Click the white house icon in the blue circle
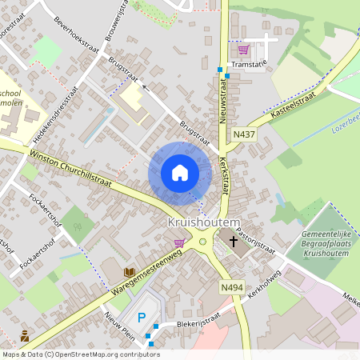[180, 173]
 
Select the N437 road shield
[245, 134]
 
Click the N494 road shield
[230, 286]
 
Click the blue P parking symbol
[142, 318]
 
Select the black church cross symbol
[234, 240]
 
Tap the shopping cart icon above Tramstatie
[242, 50]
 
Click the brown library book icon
[129, 272]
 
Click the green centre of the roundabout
[202, 242]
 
